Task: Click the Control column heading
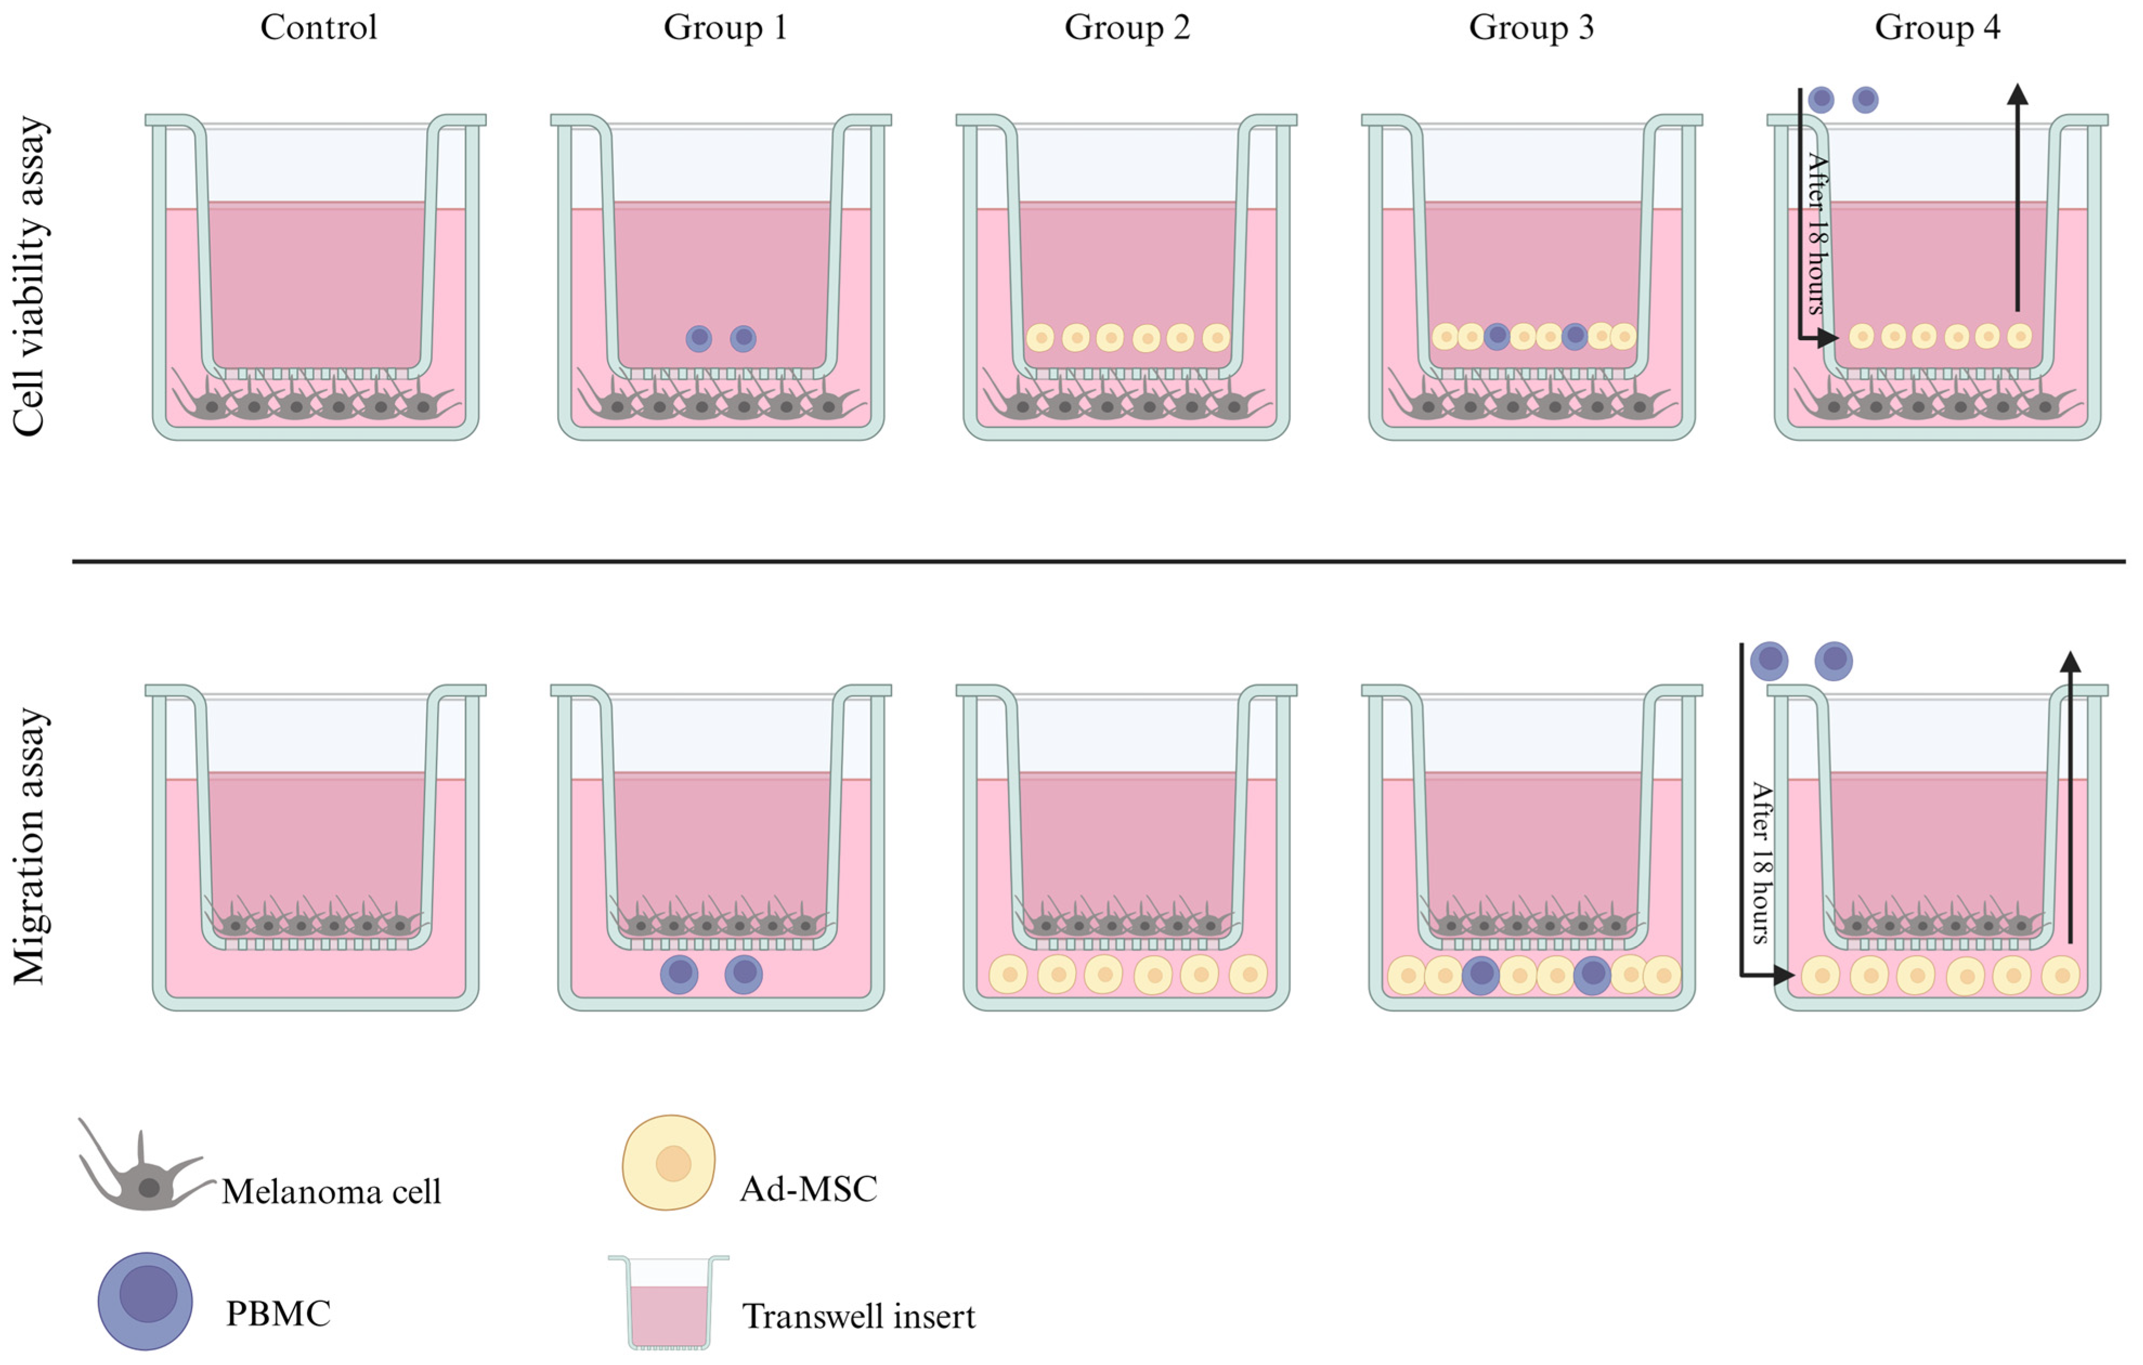318,28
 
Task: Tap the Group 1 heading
725,28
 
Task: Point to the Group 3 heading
1530,28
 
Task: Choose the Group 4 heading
1937,28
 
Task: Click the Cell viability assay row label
29,276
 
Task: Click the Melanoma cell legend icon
142,1170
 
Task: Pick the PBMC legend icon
145,1301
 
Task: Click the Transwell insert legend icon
668,1302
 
